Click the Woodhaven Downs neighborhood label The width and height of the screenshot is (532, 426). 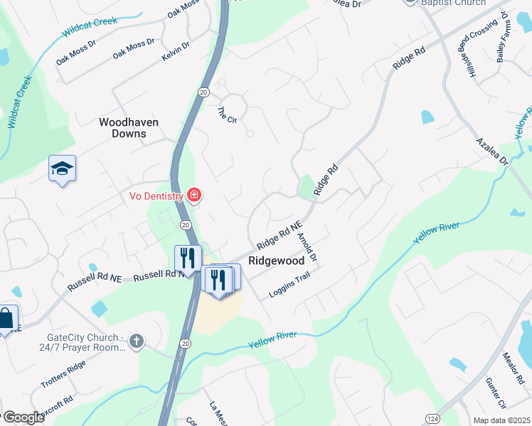[129, 128]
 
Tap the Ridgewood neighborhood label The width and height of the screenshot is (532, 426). [276, 261]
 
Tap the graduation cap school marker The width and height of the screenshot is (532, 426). [62, 169]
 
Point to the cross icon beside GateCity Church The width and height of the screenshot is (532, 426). [137, 342]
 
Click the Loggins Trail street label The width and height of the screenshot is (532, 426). [289, 285]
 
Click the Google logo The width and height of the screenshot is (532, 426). [23, 418]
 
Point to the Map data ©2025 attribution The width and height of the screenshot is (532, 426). [501, 420]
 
